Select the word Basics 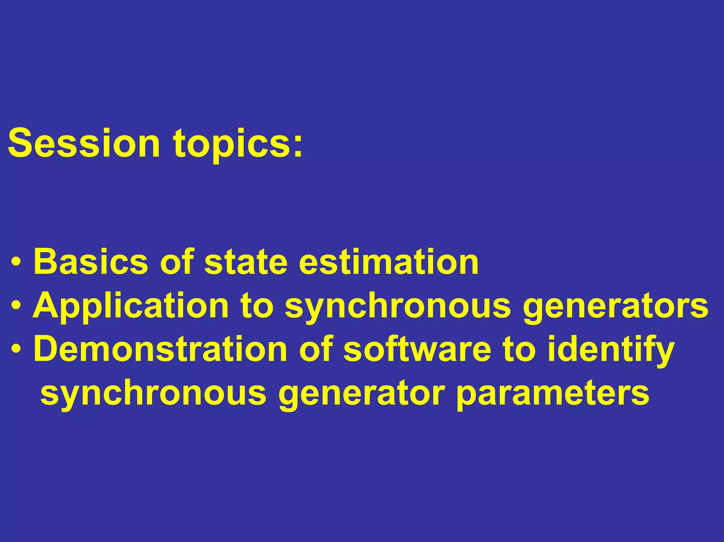pyautogui.click(x=90, y=262)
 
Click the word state pyautogui.click(x=246, y=262)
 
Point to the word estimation pyautogui.click(x=389, y=262)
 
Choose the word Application pyautogui.click(x=130, y=307)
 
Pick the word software pyautogui.click(x=417, y=349)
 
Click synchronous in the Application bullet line pyautogui.click(x=398, y=307)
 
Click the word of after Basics pyautogui.click(x=177, y=262)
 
